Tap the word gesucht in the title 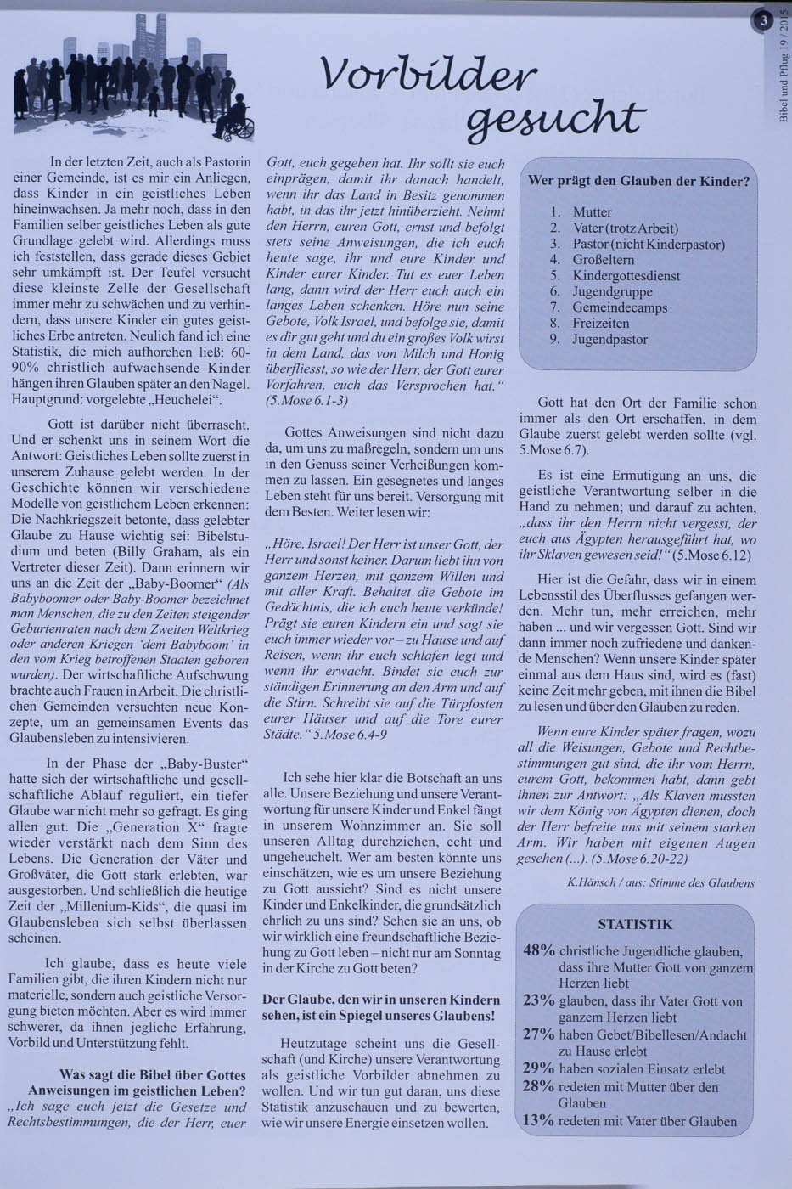[x=553, y=118]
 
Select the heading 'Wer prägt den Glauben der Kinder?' [x=638, y=181]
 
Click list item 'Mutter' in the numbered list [x=592, y=212]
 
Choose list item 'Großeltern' [x=603, y=260]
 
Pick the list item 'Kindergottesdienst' [x=626, y=276]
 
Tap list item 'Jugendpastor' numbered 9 [x=609, y=340]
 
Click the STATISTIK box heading [x=635, y=924]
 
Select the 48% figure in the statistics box [x=539, y=950]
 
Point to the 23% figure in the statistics [x=539, y=1000]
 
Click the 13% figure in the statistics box [x=539, y=1120]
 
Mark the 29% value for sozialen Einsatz [x=539, y=1068]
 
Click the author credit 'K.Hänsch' [x=592, y=883]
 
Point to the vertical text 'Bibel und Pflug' [x=783, y=89]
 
